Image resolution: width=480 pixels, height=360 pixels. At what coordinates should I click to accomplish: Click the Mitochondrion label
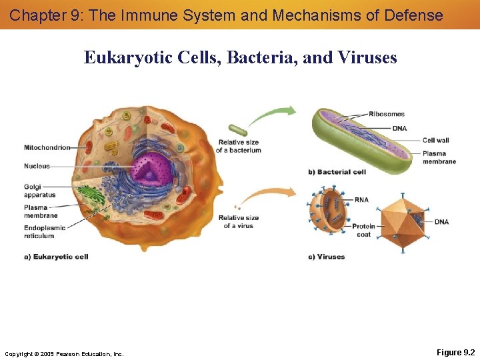(47, 147)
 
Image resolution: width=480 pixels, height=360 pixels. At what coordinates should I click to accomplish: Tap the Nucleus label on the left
(37, 166)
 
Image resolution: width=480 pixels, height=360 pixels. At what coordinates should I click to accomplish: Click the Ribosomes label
(387, 114)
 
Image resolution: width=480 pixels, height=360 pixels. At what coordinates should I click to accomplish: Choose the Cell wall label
(436, 140)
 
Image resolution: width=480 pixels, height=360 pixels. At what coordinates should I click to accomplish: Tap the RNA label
(361, 199)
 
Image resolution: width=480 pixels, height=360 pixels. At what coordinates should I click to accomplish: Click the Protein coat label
(363, 230)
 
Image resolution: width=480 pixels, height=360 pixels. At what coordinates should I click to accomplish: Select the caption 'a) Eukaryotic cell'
(56, 257)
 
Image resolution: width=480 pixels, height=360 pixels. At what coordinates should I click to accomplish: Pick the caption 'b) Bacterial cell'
(337, 172)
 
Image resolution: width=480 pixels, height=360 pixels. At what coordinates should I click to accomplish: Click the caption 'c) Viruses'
(326, 257)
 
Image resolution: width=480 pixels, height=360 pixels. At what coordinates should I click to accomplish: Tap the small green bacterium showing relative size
(237, 130)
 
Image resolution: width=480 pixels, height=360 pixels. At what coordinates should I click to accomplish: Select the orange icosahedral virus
(403, 223)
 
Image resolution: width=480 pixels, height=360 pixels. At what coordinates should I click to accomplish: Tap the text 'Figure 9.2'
(455, 352)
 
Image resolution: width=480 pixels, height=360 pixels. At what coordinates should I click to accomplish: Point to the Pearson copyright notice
(64, 353)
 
